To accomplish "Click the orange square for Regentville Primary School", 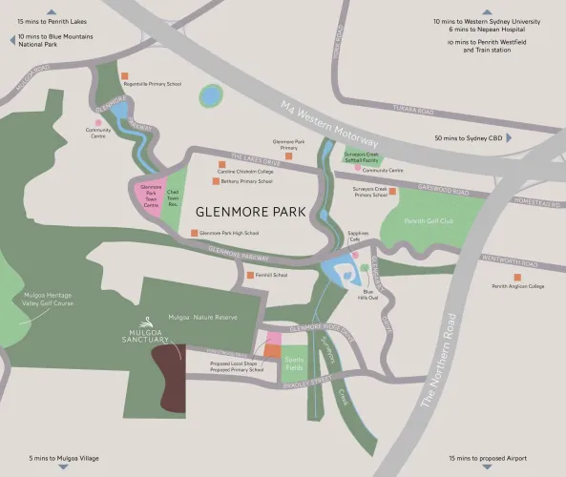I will [125, 75].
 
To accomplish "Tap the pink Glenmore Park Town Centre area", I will [149, 198].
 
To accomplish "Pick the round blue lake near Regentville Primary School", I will [208, 95].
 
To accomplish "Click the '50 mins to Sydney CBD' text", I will [468, 138].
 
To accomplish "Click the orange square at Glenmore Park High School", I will [194, 233].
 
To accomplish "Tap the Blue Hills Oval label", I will [367, 294].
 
